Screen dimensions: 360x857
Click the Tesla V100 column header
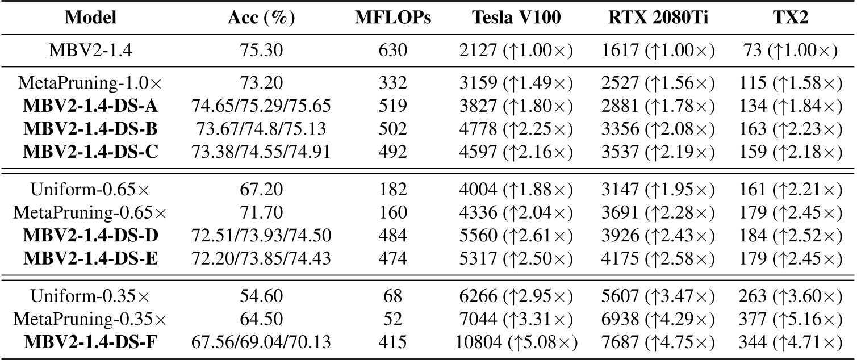pyautogui.click(x=516, y=18)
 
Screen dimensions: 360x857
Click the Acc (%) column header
pyautogui.click(x=261, y=18)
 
